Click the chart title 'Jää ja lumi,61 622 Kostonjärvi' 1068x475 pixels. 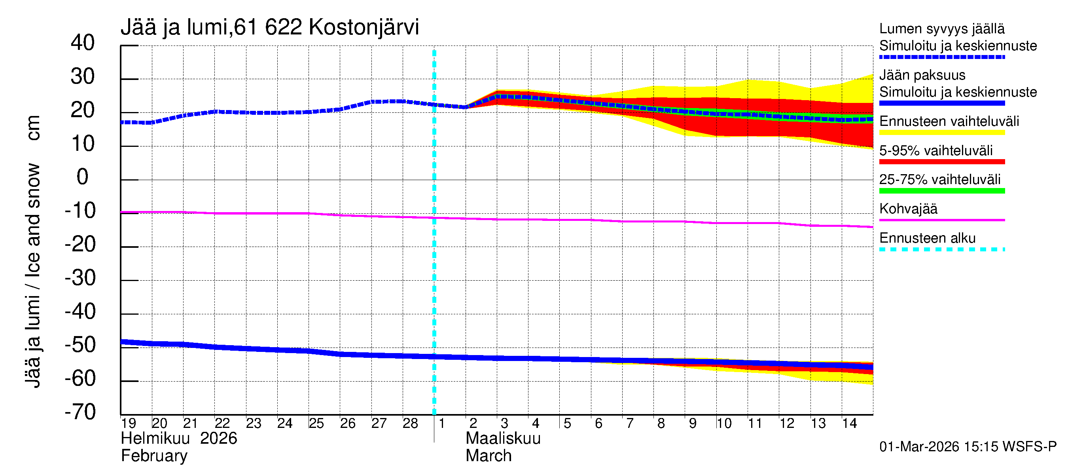tap(269, 27)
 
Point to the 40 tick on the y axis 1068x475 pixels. tap(83, 43)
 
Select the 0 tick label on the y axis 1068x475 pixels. tap(83, 177)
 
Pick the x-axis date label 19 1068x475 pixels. tap(129, 424)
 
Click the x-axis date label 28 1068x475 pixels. tap(410, 424)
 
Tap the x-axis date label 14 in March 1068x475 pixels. tap(849, 424)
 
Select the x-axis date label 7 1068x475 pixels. tap(630, 424)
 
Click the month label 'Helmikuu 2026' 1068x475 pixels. tap(179, 439)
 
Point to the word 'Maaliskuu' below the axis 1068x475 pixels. tap(503, 439)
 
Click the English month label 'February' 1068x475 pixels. tap(154, 456)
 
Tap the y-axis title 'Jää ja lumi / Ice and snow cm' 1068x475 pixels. tap(33, 251)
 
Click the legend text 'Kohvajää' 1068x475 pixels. tap(908, 209)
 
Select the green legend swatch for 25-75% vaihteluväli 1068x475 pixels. tap(941, 191)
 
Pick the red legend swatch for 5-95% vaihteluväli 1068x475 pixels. tap(941, 162)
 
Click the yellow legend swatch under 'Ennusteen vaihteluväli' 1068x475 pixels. tap(941, 133)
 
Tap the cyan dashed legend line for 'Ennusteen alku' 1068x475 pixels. tap(941, 250)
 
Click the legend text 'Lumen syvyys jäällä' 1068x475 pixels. tap(941, 29)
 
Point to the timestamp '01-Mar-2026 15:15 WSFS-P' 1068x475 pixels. tap(968, 447)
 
